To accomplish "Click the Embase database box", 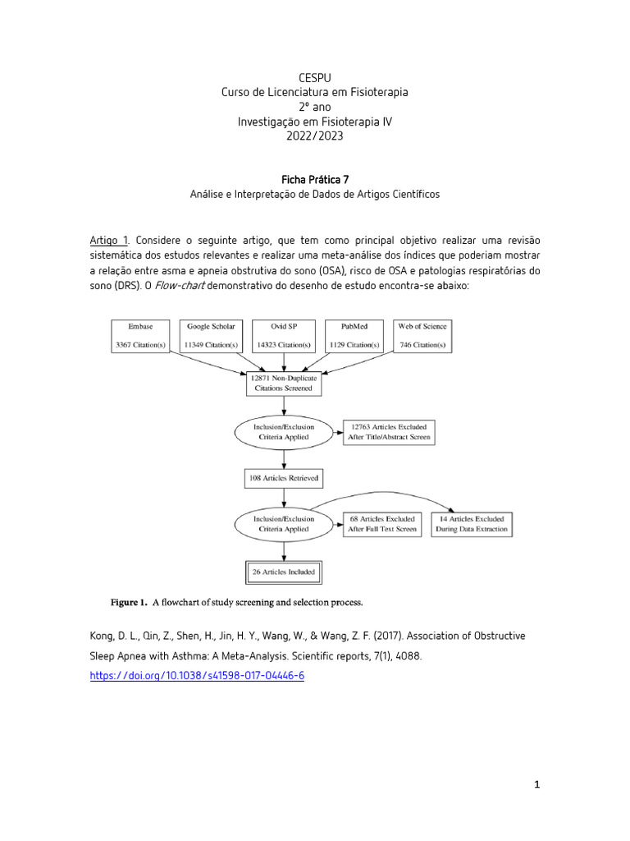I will (141, 336).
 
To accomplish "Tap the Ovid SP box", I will (283, 336).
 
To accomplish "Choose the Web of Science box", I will (422, 336).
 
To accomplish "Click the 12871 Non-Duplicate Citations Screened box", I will (284, 383).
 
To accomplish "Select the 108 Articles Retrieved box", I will (284, 477).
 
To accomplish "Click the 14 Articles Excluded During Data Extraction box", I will (472, 524).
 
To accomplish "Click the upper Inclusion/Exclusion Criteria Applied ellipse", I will (284, 432).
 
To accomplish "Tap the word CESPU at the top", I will (315, 76).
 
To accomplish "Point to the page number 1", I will (537, 785).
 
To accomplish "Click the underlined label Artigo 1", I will (109, 240).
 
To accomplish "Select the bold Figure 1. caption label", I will (130, 603).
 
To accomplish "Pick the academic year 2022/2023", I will (315, 136).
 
